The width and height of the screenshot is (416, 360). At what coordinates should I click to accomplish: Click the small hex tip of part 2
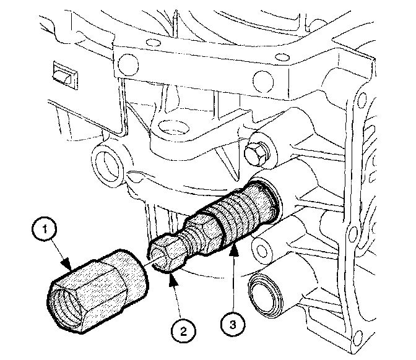[163, 253]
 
